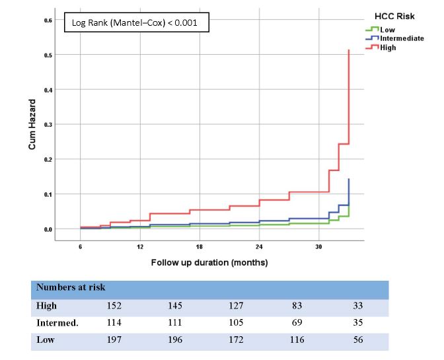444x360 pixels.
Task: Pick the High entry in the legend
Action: pos(388,48)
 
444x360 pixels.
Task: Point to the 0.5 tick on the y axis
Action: pos(48,55)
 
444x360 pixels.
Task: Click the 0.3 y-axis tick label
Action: pos(48,125)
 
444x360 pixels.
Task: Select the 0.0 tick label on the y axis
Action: pos(48,229)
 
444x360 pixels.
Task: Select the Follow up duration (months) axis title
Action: pos(200,262)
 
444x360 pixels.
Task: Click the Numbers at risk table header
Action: pos(71,287)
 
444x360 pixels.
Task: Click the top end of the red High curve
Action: pos(348,50)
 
